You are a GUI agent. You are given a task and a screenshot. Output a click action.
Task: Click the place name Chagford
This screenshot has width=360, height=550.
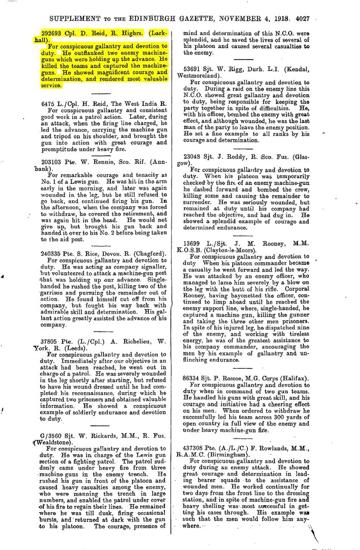(157, 254)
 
